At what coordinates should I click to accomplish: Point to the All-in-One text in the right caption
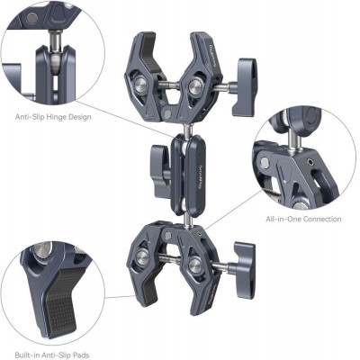click(283, 219)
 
